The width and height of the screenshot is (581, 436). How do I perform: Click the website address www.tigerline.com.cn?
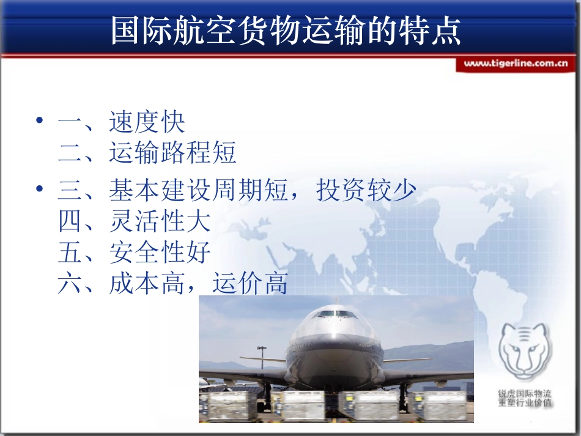point(516,63)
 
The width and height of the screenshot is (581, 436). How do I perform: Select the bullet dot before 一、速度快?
point(40,120)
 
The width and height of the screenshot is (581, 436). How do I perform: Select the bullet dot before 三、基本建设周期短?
point(40,190)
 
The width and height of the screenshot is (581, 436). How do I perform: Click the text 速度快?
point(147,122)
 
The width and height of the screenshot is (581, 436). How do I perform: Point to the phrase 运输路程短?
point(173,153)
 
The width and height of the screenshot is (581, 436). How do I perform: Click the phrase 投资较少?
point(366,191)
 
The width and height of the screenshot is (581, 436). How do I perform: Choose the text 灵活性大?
point(160,221)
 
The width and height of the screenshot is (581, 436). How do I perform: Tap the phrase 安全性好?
point(160,252)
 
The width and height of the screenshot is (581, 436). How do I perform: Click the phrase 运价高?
point(250,284)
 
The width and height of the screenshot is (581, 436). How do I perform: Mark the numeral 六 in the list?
point(70,284)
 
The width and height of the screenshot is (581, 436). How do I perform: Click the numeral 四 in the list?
point(70,221)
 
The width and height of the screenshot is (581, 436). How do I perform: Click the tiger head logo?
point(524,352)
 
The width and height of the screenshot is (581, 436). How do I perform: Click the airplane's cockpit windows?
point(335,314)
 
